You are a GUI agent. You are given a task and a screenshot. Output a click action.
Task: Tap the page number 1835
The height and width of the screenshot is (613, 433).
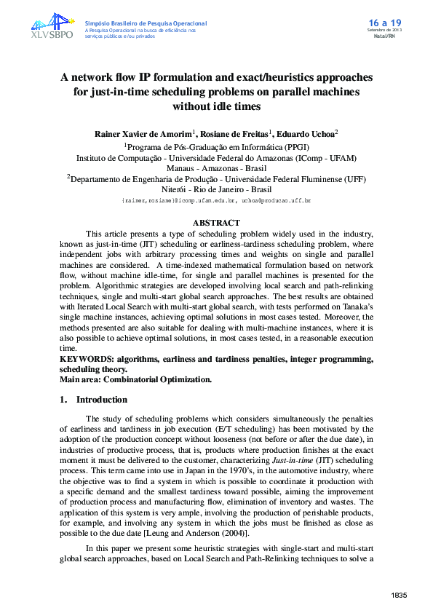pos(399,596)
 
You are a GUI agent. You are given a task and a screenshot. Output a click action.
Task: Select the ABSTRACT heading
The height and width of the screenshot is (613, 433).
pos(216,223)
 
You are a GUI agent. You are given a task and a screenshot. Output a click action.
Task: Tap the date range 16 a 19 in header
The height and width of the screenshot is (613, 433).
pos(381,23)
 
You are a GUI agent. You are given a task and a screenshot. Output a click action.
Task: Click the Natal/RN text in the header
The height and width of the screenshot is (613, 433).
pos(384,35)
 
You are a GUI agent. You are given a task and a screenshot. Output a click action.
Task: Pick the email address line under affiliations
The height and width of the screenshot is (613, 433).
pos(216,199)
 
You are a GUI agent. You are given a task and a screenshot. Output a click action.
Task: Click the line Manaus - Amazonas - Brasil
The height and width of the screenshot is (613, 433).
pos(216,167)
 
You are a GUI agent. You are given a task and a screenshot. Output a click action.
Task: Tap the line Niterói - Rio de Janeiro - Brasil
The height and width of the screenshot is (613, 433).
pos(216,188)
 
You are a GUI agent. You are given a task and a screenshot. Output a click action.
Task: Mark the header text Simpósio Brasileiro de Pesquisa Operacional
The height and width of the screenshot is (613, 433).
pos(146,23)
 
